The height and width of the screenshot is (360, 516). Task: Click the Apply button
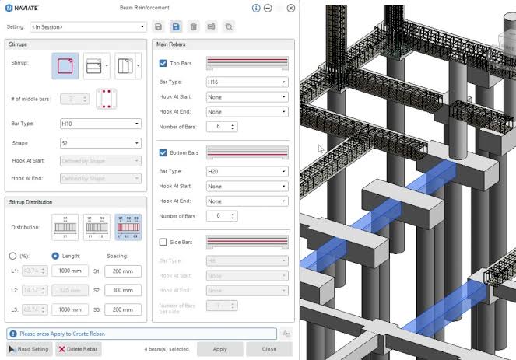click(x=219, y=349)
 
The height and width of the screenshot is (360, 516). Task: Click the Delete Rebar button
click(x=79, y=349)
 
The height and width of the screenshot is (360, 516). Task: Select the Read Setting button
click(x=30, y=349)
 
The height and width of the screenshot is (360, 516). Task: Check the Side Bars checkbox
click(x=163, y=243)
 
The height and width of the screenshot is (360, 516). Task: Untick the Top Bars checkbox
click(x=163, y=63)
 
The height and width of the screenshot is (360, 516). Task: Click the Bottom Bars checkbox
click(x=163, y=153)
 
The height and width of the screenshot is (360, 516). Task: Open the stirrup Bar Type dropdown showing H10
click(x=100, y=124)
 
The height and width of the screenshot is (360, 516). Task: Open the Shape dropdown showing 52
click(x=100, y=143)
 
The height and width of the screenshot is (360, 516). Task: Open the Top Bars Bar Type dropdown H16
click(x=247, y=82)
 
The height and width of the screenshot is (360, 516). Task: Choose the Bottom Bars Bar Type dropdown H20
click(x=247, y=171)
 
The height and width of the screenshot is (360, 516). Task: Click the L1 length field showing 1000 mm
click(x=70, y=271)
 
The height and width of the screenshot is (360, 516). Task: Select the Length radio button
click(x=55, y=256)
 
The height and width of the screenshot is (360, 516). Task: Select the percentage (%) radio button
click(x=13, y=256)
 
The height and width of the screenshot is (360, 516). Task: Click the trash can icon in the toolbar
click(x=194, y=27)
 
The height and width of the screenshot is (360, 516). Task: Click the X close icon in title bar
click(x=291, y=9)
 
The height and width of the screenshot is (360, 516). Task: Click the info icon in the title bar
click(x=256, y=9)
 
